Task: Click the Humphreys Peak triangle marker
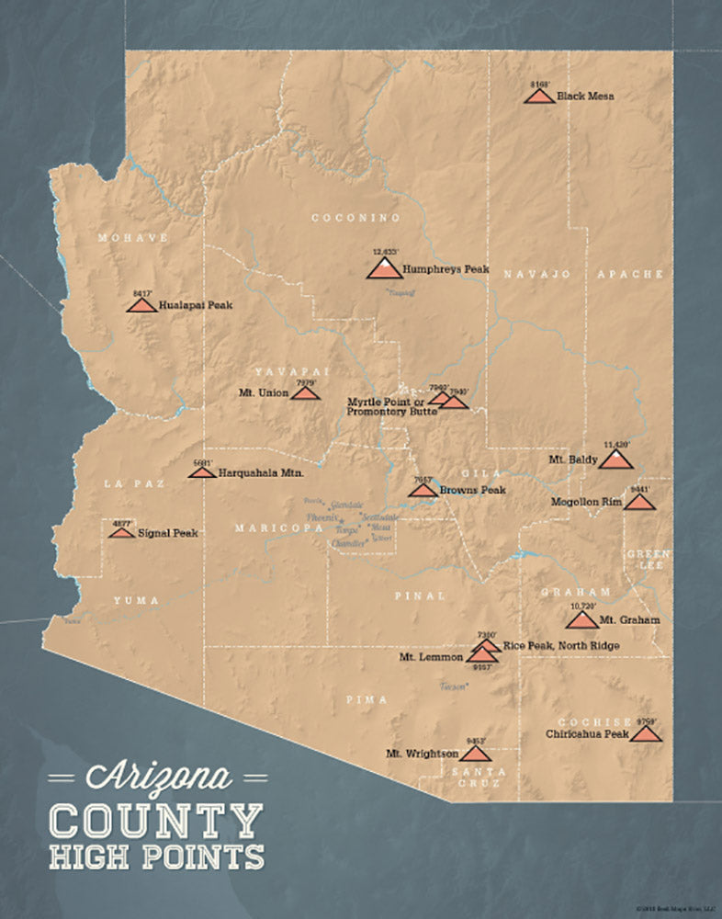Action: click(x=384, y=268)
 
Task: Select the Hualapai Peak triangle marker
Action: click(x=142, y=304)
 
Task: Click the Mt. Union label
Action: click(x=264, y=393)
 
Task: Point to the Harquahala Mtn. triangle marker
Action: click(x=202, y=472)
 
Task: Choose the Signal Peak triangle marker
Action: click(x=121, y=533)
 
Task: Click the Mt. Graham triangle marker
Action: click(x=581, y=620)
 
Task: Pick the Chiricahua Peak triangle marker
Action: click(x=646, y=734)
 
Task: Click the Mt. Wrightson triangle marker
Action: click(x=475, y=754)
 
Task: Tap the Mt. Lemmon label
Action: click(x=430, y=658)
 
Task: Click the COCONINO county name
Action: click(x=356, y=218)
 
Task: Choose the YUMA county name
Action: click(x=136, y=600)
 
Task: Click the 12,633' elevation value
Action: click(x=386, y=251)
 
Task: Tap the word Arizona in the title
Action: click(x=158, y=777)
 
